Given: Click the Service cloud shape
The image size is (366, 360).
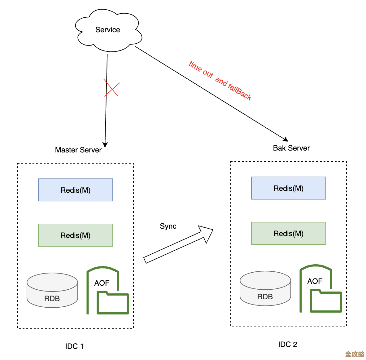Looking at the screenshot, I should [x=108, y=30].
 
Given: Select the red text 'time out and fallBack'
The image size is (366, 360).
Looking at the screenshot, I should [x=220, y=81].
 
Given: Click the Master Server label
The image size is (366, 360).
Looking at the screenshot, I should [x=78, y=150].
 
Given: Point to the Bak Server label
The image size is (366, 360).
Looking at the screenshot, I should [x=291, y=148].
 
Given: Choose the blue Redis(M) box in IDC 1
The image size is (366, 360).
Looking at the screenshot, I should [x=76, y=190].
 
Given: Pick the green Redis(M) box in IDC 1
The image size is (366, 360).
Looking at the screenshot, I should [x=76, y=235].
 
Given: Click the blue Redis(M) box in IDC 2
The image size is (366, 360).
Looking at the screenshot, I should [x=289, y=188].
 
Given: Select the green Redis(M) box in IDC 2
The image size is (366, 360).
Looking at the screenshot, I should [x=289, y=233].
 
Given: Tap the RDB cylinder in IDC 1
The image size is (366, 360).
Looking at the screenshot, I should [x=52, y=291].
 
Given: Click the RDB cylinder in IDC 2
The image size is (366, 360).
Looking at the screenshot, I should [x=265, y=289].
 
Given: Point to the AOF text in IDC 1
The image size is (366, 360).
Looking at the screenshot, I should [x=102, y=283].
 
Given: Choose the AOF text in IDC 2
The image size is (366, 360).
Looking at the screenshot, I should [x=315, y=281].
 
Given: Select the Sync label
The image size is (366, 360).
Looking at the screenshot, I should [x=168, y=226].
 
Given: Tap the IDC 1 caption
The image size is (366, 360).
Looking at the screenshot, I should [x=74, y=346].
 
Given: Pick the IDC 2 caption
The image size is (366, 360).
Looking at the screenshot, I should [x=288, y=345].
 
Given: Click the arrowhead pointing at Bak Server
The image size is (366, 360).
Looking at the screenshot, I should [x=285, y=139].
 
